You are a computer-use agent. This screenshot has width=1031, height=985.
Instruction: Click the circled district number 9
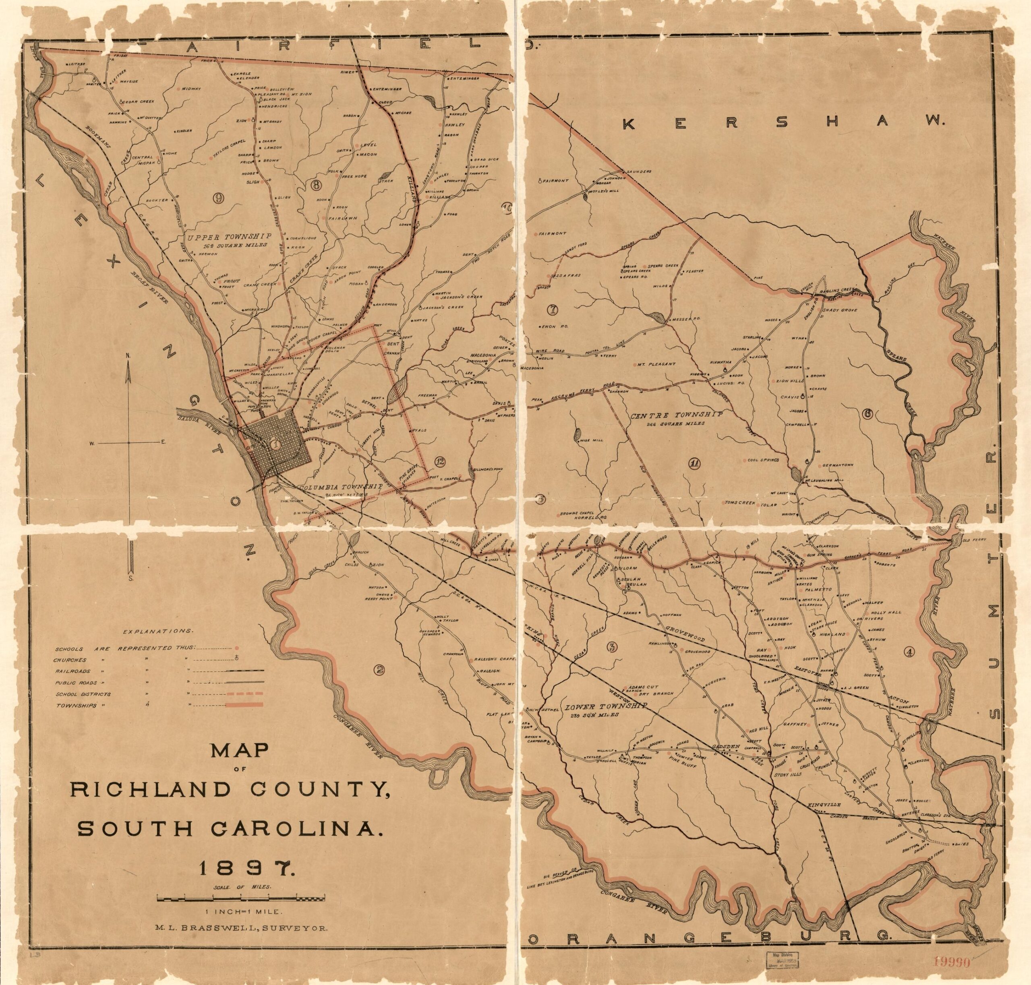(x=217, y=197)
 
